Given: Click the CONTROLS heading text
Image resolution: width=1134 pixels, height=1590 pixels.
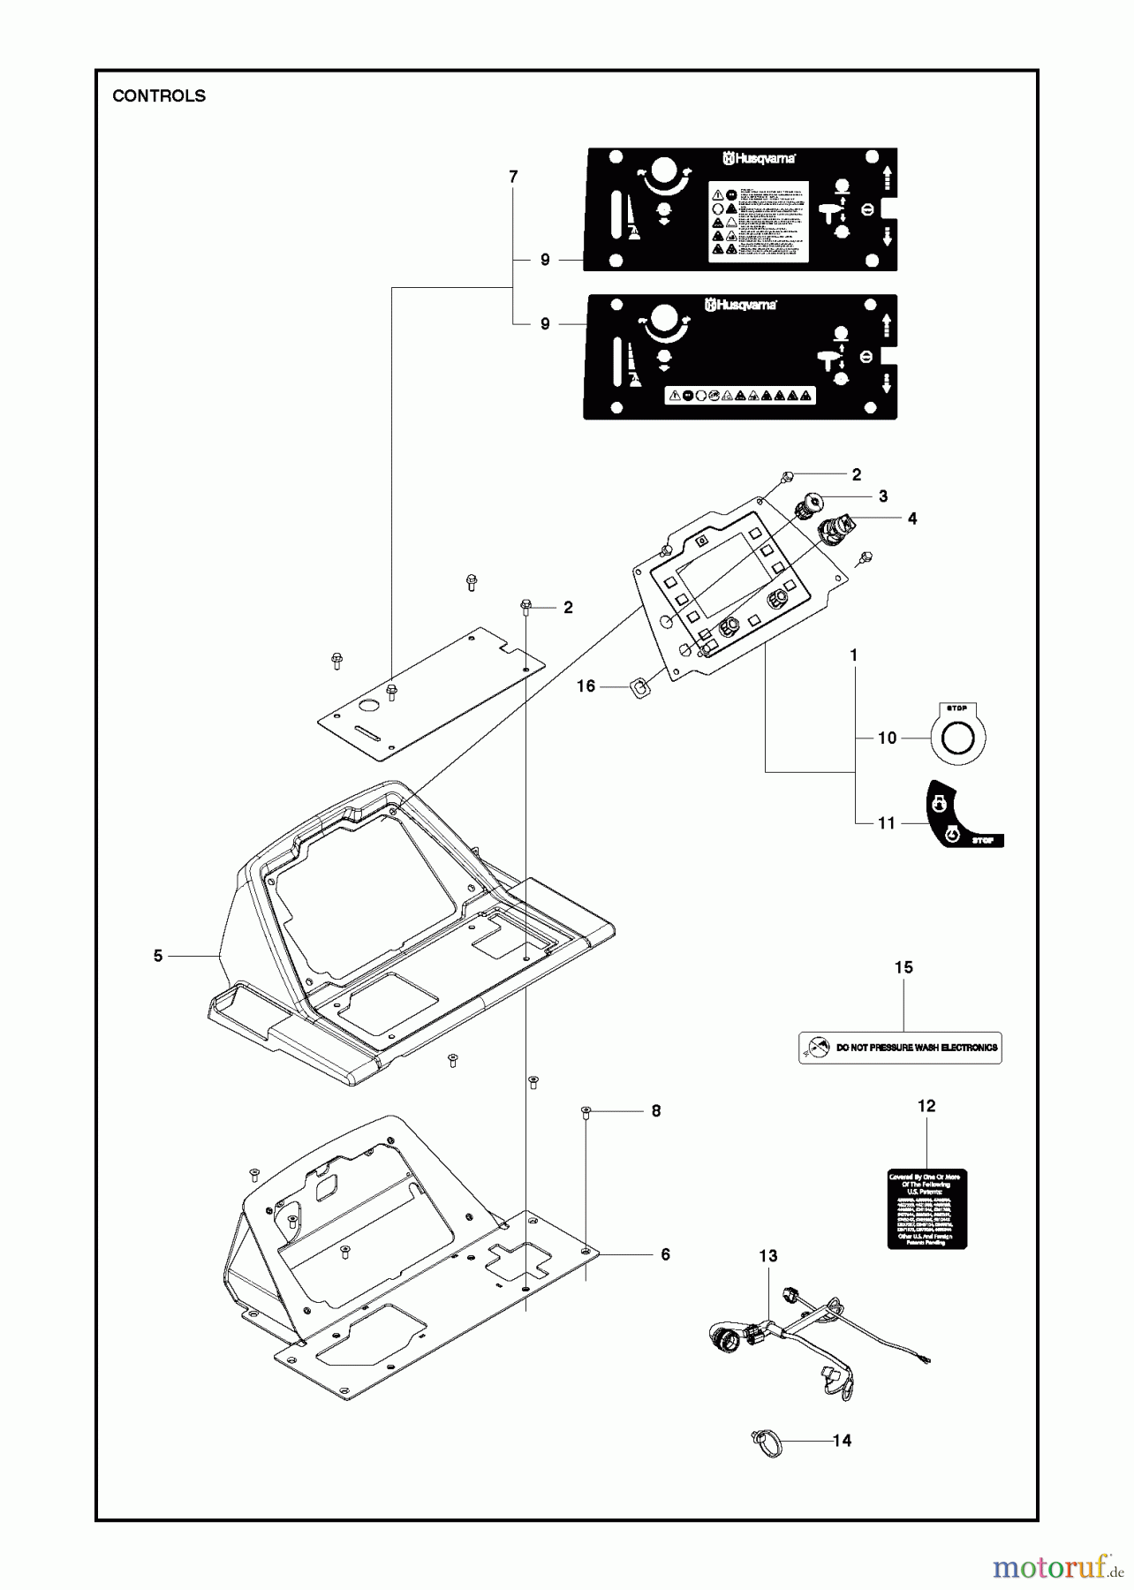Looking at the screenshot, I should (x=159, y=96).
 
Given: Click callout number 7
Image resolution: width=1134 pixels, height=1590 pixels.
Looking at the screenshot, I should (x=513, y=177).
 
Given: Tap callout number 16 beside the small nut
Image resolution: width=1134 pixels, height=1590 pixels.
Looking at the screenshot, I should (x=586, y=686).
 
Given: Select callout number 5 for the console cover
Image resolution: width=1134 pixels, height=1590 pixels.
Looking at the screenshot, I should (x=158, y=956).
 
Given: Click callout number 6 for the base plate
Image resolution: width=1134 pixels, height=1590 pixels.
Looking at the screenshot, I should (x=665, y=1254).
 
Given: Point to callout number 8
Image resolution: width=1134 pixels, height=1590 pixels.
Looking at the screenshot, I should (x=655, y=1111).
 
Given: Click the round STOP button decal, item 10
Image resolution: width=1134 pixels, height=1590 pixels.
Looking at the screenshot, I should (x=957, y=735).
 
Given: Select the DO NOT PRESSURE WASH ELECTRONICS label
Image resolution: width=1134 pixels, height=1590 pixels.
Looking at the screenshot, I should (x=900, y=1048).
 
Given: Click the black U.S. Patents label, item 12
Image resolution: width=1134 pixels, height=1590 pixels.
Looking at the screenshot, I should (x=926, y=1208).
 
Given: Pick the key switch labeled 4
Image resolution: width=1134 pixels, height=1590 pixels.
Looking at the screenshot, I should (x=835, y=530).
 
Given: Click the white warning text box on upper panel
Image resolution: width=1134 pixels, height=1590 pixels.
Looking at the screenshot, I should (x=760, y=221).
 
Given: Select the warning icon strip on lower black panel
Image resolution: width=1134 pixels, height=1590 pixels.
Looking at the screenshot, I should (x=740, y=396).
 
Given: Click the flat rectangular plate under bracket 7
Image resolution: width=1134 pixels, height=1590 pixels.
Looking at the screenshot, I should (x=430, y=694).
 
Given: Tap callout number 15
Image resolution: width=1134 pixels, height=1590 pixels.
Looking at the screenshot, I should (x=903, y=968).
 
